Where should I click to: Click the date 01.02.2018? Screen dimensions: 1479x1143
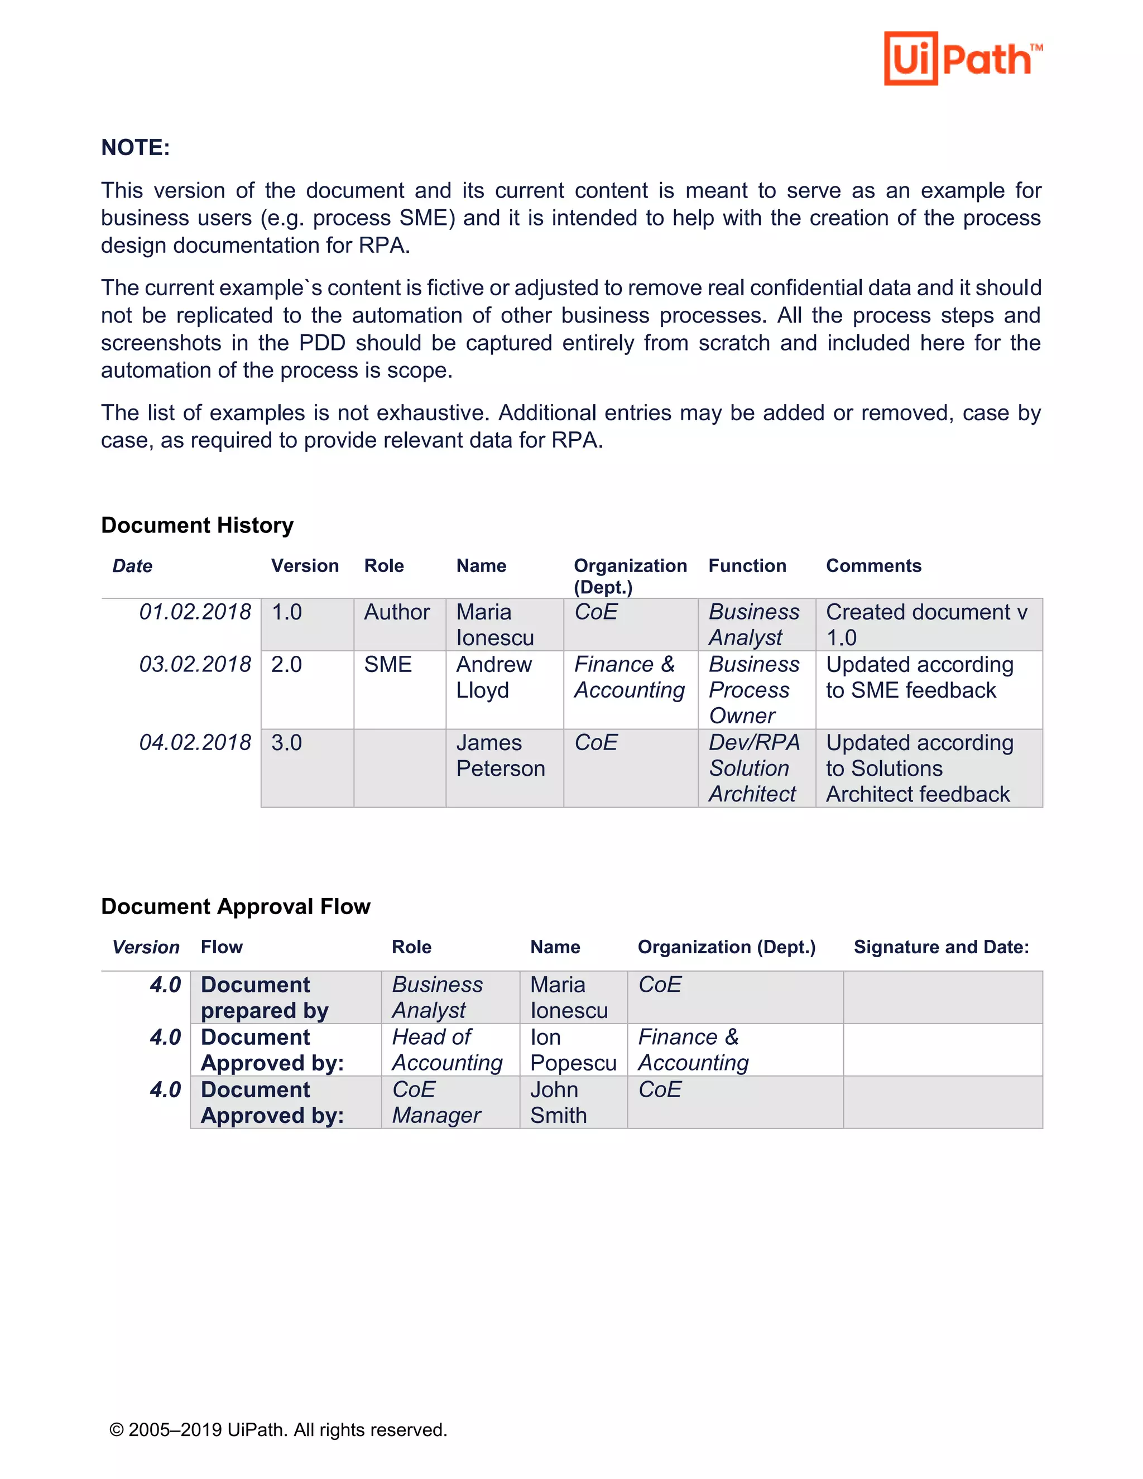point(195,612)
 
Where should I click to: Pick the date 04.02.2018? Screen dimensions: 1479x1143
point(195,742)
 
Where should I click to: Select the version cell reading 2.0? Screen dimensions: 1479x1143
point(286,664)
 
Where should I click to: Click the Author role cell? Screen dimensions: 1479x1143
point(397,612)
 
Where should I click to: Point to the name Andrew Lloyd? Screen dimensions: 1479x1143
point(493,677)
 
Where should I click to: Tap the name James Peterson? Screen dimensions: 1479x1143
point(501,756)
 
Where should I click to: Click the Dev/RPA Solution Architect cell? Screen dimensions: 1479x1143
point(753,768)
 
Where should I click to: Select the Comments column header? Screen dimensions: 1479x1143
point(873,565)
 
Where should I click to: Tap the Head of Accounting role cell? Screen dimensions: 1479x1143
point(447,1050)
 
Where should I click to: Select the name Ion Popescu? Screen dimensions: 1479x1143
point(572,1050)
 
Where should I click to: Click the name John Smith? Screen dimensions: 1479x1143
point(558,1102)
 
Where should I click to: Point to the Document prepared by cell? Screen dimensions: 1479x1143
point(264,997)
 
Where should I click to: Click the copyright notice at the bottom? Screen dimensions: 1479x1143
point(278,1429)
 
